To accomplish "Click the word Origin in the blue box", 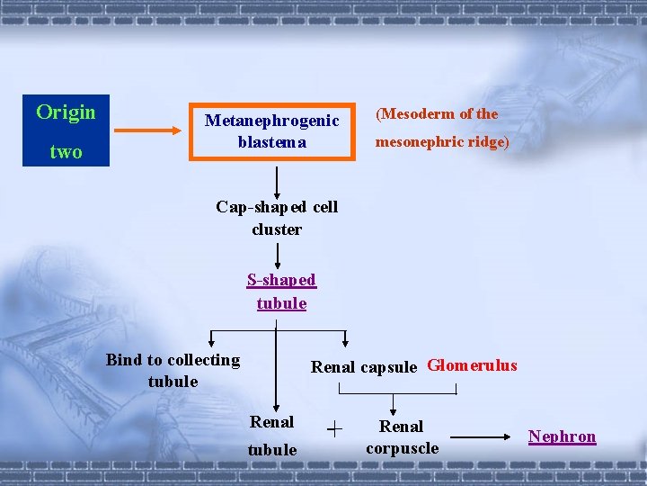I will click(x=66, y=112).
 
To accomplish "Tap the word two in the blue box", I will click(x=66, y=151).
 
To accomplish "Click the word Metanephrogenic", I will click(x=271, y=120).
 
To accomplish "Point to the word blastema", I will click(x=271, y=141).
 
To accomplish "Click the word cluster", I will click(x=277, y=229).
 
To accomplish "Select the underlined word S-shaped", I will click(x=281, y=280).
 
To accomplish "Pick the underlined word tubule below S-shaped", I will click(x=281, y=303).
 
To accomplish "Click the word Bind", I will click(x=124, y=360).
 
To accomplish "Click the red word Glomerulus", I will click(x=472, y=364).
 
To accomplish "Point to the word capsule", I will click(x=388, y=366).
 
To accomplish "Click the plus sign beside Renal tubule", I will click(x=334, y=430).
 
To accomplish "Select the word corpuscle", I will click(x=402, y=447).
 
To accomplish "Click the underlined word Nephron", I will click(x=562, y=436).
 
